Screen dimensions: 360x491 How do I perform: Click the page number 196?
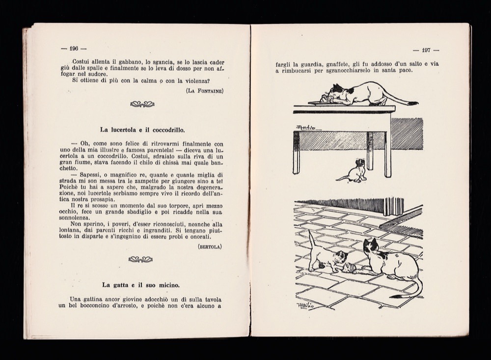click(74, 49)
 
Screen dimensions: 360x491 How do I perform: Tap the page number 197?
click(426, 50)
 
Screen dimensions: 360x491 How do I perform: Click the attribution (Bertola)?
click(210, 247)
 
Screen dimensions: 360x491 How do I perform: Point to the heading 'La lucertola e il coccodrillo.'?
click(142, 130)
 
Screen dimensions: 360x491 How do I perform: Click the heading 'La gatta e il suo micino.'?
click(141, 285)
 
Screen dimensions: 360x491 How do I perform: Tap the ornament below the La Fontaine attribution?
click(142, 104)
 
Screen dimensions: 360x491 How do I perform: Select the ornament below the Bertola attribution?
click(140, 259)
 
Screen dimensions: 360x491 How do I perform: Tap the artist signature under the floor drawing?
click(306, 305)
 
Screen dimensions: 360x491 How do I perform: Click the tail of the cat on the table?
click(400, 100)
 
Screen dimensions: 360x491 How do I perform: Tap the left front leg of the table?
click(296, 152)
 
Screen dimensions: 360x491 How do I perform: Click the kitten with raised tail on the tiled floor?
click(324, 255)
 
